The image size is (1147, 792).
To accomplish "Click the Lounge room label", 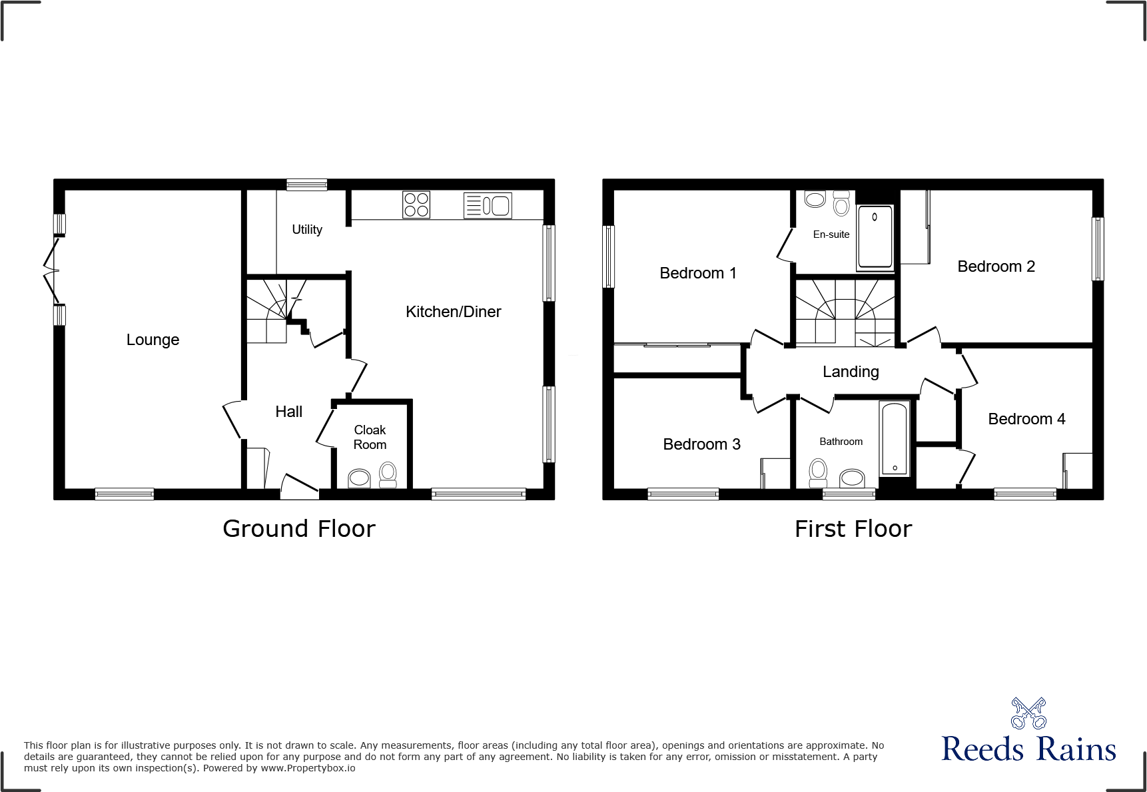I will [x=153, y=340].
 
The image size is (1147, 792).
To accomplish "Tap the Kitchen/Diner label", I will [x=453, y=312].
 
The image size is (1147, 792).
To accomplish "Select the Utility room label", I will [x=307, y=230].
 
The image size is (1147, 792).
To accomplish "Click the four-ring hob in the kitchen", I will [x=416, y=205].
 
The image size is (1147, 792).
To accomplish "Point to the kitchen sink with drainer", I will [x=488, y=206].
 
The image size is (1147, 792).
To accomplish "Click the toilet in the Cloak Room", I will [x=388, y=475].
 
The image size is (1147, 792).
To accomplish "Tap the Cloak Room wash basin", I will [x=360, y=478].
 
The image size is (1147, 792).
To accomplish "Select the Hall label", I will [x=289, y=412].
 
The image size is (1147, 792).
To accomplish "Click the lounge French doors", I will [x=51, y=270].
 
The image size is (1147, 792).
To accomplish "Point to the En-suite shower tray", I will [x=875, y=236].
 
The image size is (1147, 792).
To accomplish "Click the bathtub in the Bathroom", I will [x=894, y=438].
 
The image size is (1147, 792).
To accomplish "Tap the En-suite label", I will [x=831, y=234].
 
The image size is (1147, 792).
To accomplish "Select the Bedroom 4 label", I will [x=1026, y=419].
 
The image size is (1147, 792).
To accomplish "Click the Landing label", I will [x=851, y=372].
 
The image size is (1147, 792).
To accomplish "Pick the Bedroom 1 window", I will [x=608, y=256].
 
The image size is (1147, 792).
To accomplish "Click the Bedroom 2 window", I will [x=1098, y=248].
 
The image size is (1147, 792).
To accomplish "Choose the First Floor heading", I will [x=853, y=529].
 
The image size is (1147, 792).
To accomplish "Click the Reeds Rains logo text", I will [x=1028, y=749].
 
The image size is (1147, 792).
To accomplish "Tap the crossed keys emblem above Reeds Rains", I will [x=1028, y=713].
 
